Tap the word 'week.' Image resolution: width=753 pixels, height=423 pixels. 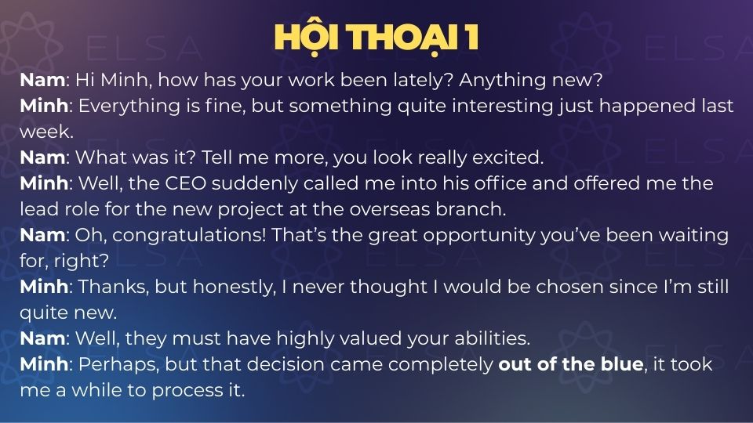point(46,132)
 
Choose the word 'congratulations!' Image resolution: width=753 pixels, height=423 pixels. point(189,235)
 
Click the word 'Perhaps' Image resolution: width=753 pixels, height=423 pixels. point(118,364)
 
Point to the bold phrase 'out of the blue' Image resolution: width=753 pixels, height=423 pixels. point(571,364)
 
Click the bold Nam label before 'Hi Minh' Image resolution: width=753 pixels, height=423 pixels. point(42,80)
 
